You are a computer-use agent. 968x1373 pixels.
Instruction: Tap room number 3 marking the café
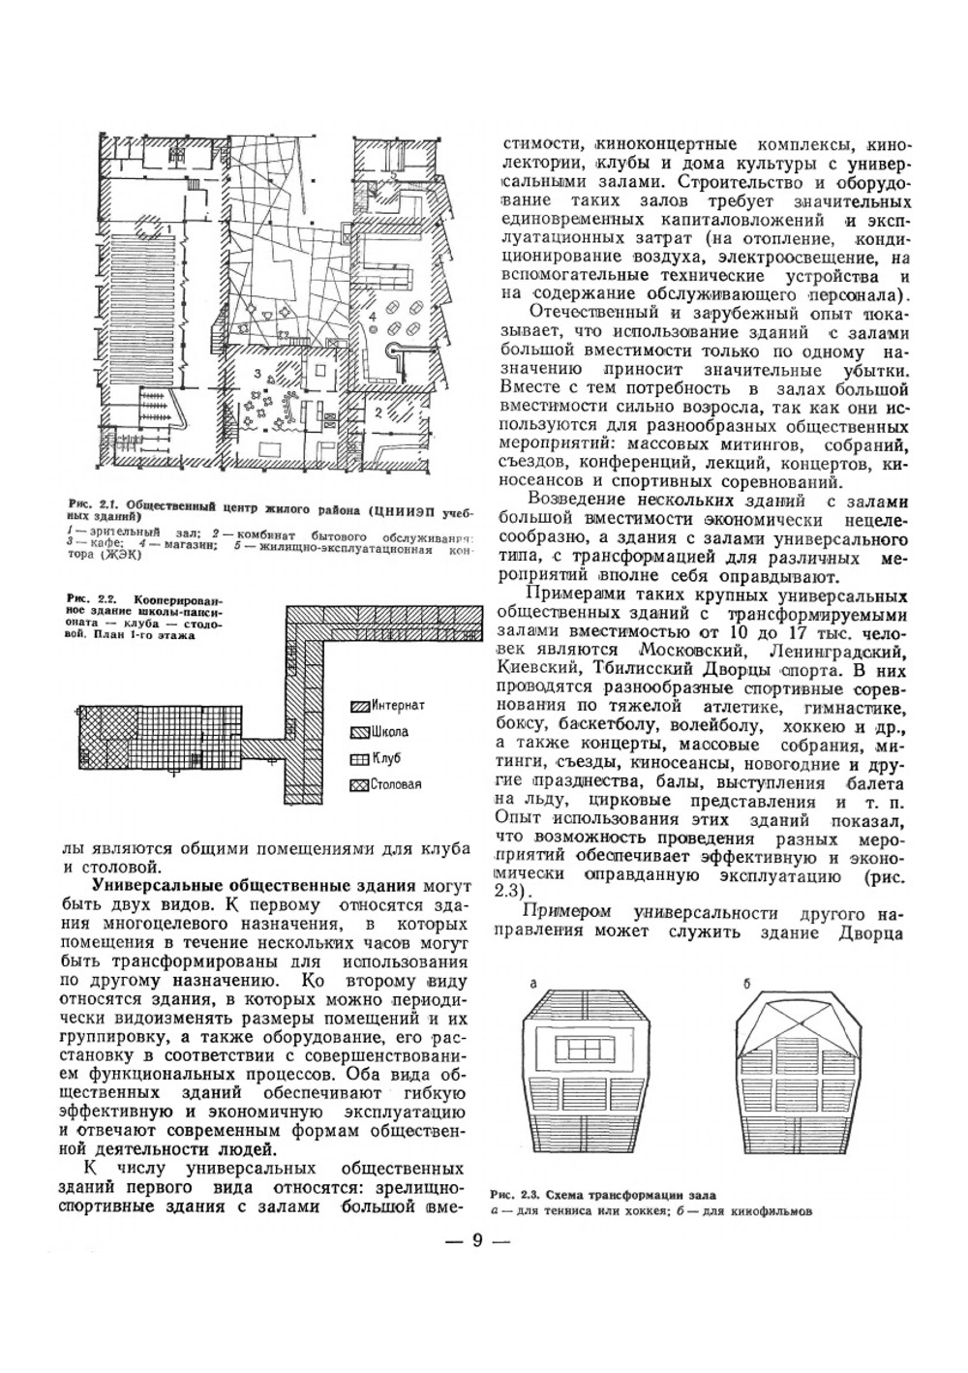coord(256,372)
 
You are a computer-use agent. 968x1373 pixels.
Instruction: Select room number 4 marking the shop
coord(371,317)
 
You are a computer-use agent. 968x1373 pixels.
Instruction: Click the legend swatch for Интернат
coord(359,706)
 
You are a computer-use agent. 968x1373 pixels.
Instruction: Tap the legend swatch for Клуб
coord(359,759)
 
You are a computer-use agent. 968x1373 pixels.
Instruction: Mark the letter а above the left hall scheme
coord(532,983)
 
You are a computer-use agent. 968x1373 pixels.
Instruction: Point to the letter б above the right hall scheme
coord(746,983)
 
